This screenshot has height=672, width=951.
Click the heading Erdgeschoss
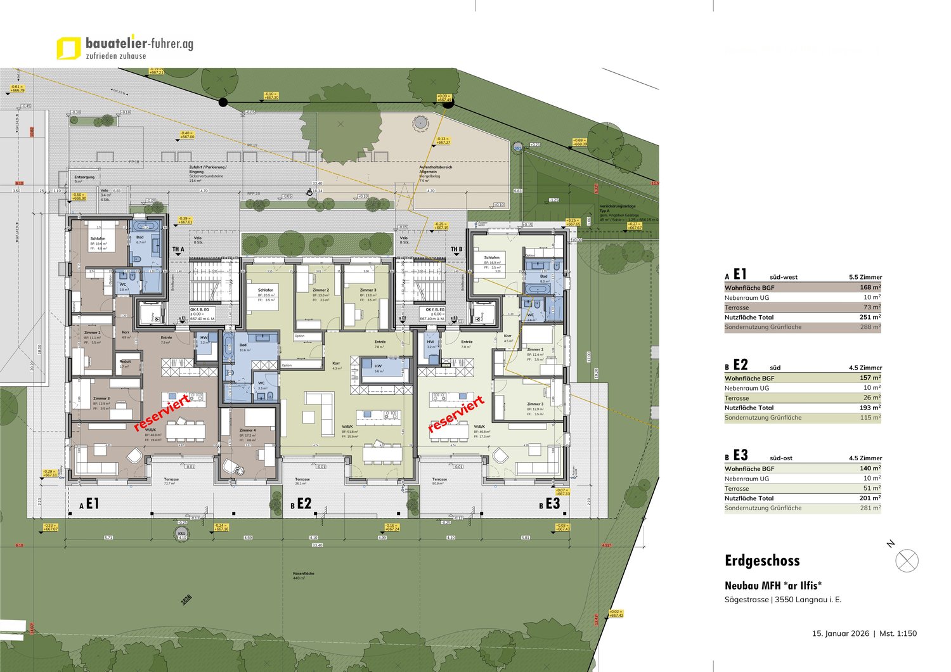(x=762, y=560)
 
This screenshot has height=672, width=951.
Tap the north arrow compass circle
(x=907, y=561)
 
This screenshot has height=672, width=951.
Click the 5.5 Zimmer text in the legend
(x=865, y=277)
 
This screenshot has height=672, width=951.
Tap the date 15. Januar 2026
(x=840, y=633)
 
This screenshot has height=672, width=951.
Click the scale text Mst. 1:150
(x=897, y=633)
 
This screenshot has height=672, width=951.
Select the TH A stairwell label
(x=178, y=250)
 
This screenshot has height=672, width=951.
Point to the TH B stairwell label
(x=456, y=250)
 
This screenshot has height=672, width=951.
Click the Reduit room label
(x=125, y=363)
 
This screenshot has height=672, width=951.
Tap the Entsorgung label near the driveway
(x=84, y=178)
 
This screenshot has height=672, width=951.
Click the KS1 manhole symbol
(x=182, y=534)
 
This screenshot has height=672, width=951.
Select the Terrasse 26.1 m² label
(x=302, y=481)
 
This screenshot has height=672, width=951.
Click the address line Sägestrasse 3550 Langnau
(x=782, y=600)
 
